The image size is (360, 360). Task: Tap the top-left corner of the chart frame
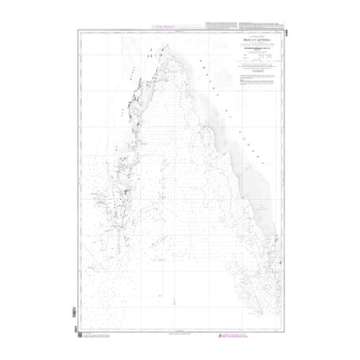78,29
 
